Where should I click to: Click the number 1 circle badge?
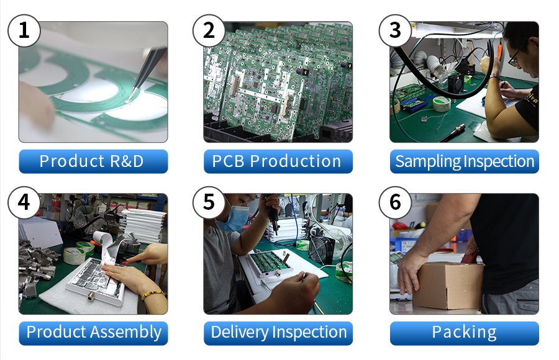[24, 30]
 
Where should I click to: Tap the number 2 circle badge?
[209, 30]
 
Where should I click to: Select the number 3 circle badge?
[395, 30]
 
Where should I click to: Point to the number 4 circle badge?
[24, 202]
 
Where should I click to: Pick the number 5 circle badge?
[209, 202]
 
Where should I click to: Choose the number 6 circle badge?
[395, 202]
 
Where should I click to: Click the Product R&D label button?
[93, 161]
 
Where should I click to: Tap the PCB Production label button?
[278, 161]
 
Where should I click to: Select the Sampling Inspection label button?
[465, 161]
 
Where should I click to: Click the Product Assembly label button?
[93, 333]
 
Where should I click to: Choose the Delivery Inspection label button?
[278, 333]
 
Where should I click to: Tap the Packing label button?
[465, 333]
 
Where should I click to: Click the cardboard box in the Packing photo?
[449, 285]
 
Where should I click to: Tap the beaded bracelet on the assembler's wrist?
[153, 294]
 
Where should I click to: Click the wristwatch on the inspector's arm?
[495, 76]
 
